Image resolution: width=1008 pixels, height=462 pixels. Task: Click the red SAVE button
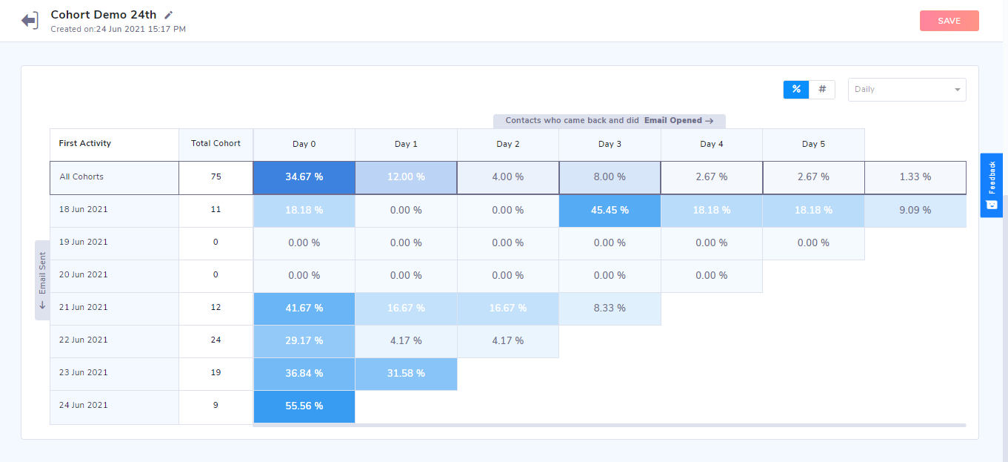coord(949,21)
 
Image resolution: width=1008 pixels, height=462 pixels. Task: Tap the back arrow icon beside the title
coord(30,20)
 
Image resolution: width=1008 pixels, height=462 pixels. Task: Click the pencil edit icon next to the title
coord(169,15)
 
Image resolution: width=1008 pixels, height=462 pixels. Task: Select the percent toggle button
coord(796,89)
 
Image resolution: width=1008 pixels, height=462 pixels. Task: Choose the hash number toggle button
coord(822,89)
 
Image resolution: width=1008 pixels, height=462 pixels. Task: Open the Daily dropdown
coord(907,90)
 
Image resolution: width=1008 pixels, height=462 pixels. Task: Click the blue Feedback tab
coord(992,185)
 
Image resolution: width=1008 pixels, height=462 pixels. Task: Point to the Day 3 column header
coord(610,144)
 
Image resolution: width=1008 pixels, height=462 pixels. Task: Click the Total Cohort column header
coord(216,143)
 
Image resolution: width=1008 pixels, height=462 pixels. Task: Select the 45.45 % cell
coord(610,210)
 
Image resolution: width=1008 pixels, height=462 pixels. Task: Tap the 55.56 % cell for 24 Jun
coord(304,406)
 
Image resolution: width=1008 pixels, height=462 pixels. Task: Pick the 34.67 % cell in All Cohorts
coord(304,177)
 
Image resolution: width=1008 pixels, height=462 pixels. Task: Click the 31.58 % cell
coord(406,373)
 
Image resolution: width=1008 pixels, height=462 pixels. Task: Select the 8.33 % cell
coord(610,308)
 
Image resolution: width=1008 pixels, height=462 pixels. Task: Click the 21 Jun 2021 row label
coord(84,307)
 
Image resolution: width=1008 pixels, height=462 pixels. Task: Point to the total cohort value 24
coord(216,340)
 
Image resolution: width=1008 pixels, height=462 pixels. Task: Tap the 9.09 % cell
coord(915,210)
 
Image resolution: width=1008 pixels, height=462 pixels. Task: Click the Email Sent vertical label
coord(42,280)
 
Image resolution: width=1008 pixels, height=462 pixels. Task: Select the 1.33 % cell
coord(915,177)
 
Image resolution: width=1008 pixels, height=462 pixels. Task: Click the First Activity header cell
coord(85,143)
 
